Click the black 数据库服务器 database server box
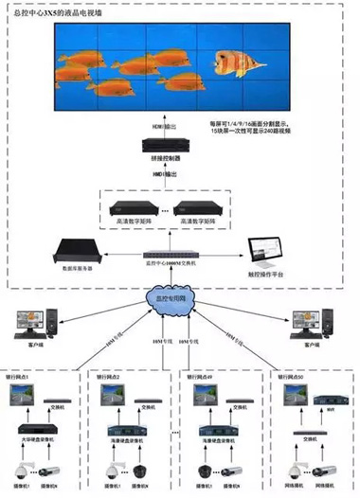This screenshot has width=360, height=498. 76,251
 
